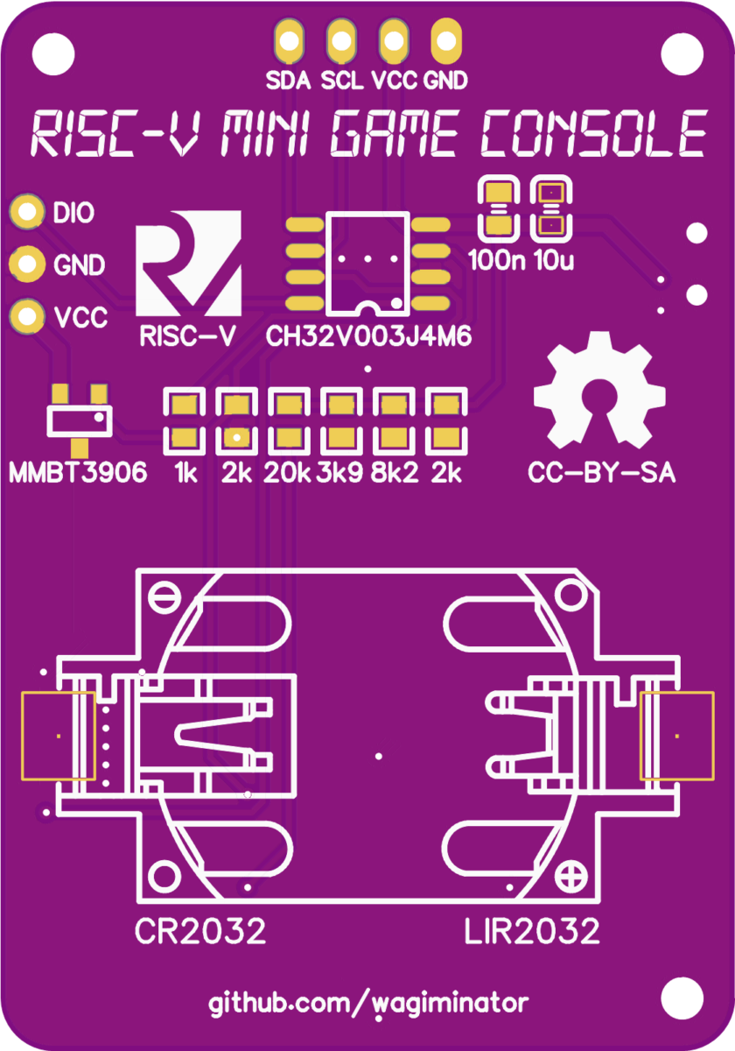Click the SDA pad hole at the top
289,39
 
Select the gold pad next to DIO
27,211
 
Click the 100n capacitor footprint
498,209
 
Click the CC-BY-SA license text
601,473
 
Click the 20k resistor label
288,474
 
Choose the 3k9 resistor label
340,474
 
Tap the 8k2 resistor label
394,474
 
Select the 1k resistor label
185,474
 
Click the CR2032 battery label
199,931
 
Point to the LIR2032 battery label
532,931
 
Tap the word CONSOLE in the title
593,136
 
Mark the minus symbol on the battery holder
164,598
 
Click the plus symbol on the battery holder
574,874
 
